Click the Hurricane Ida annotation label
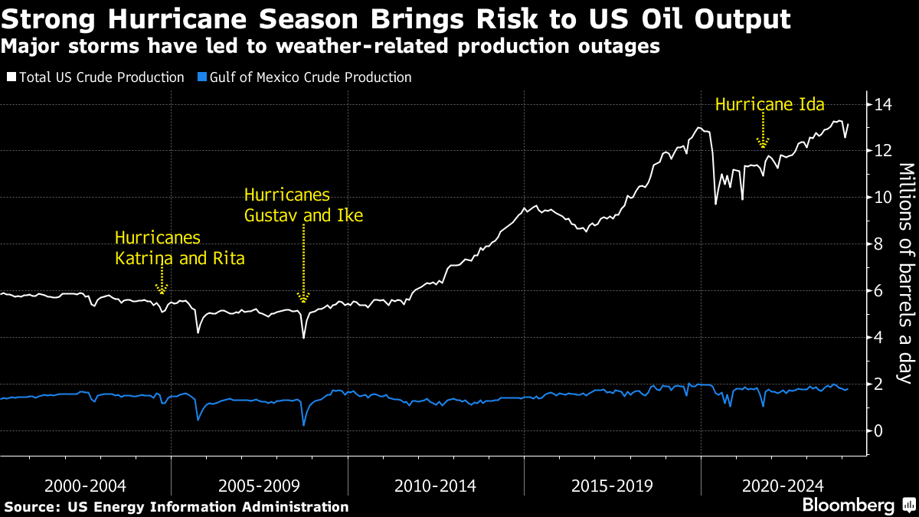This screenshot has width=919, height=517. (x=769, y=103)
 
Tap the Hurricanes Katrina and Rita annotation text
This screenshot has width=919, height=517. (x=179, y=247)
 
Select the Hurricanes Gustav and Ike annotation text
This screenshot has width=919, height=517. (x=303, y=205)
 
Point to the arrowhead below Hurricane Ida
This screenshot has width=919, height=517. (x=762, y=142)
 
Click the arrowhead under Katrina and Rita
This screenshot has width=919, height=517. (x=161, y=290)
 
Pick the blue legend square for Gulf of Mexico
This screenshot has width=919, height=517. (x=202, y=77)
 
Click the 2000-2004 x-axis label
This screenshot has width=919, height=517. (x=85, y=486)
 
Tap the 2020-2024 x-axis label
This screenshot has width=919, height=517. (x=783, y=486)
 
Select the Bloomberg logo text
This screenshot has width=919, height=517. (x=848, y=506)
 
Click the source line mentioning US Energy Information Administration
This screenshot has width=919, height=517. (x=176, y=506)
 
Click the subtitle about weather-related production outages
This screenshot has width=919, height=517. (x=330, y=47)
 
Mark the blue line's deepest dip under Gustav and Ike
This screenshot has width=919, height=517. (x=303, y=425)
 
